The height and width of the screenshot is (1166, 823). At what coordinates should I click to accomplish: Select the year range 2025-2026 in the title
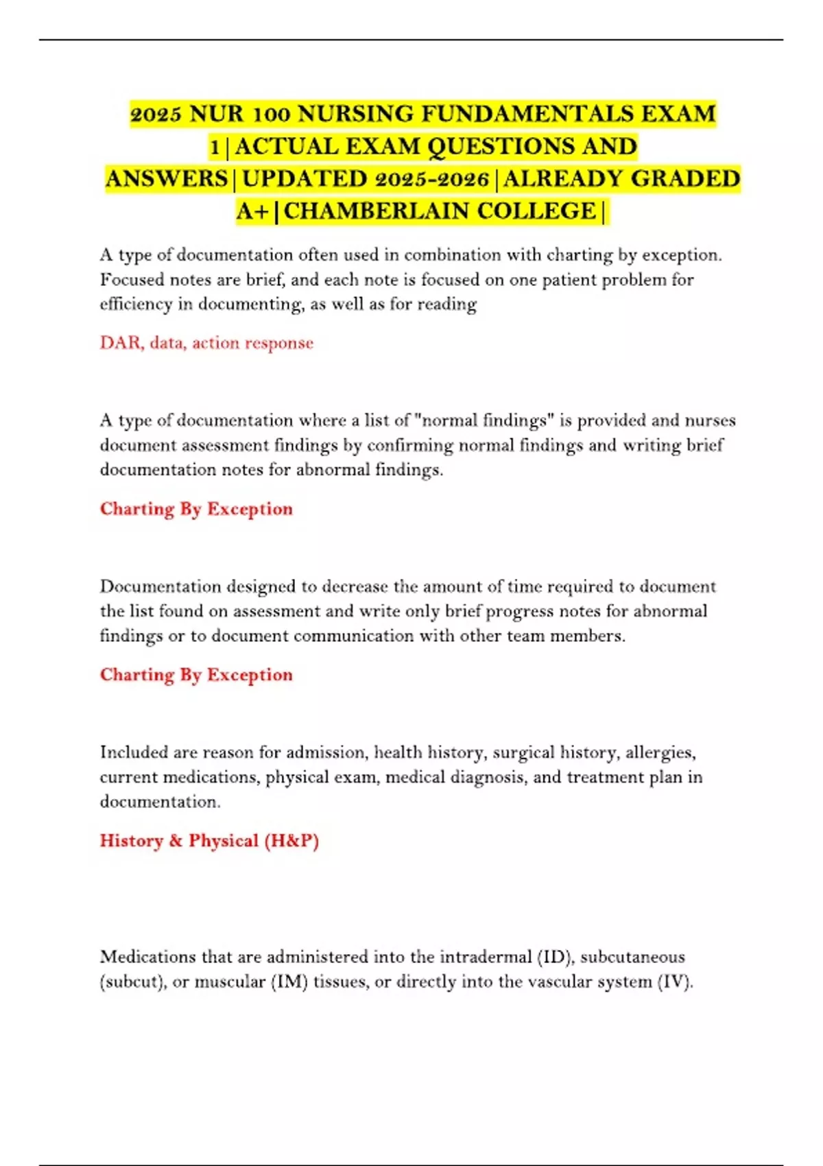(x=432, y=178)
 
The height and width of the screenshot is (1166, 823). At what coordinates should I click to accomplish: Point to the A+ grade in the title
(x=252, y=211)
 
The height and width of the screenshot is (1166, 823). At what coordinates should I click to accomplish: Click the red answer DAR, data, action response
(x=206, y=342)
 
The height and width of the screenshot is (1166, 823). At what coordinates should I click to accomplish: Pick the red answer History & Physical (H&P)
(x=209, y=840)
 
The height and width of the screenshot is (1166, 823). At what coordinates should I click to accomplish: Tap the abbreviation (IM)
(x=289, y=981)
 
